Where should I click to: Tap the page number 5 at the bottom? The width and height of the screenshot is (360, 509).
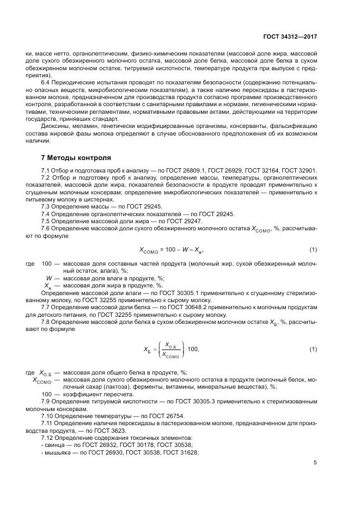click(x=315, y=463)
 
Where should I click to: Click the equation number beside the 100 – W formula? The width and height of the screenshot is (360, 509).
click(x=313, y=250)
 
